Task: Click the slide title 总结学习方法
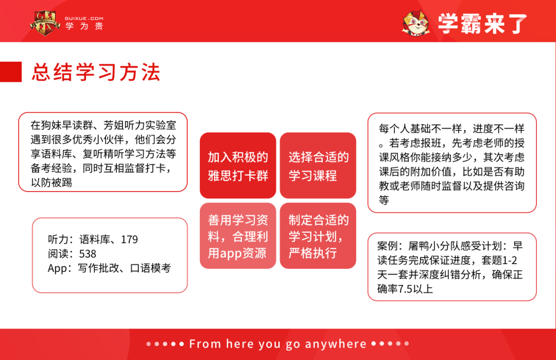[96, 72]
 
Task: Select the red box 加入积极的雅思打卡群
[238, 166]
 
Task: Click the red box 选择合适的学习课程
[318, 166]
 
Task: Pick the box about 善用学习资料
[238, 236]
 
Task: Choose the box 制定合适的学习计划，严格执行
[318, 236]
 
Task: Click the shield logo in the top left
[45, 22]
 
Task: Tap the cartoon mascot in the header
[415, 23]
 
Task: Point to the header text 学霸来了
[482, 24]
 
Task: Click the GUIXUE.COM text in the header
[84, 18]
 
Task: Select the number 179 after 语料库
[129, 239]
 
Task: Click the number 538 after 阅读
[88, 254]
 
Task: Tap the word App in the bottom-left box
[57, 268]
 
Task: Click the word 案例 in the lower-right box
[388, 247]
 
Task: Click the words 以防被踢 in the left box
[51, 183]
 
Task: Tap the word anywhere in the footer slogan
[336, 344]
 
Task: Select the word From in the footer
[205, 344]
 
